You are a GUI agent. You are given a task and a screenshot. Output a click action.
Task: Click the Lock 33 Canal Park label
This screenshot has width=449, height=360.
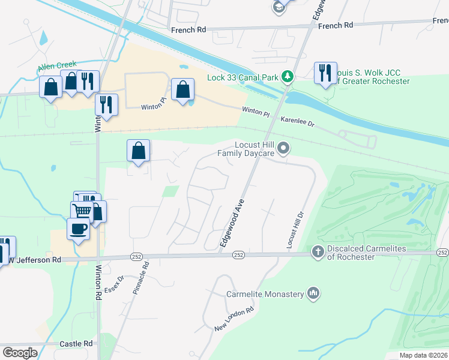coord(251,77)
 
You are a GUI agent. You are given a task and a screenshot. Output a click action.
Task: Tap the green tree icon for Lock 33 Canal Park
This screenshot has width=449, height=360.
coord(288,77)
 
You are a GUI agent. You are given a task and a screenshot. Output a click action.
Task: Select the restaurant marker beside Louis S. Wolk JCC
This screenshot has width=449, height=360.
coord(325,73)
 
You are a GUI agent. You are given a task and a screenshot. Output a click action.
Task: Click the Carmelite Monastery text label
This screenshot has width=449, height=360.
coord(265,294)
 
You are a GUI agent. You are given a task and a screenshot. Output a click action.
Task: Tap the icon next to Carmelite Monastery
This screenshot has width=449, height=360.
coord(312,293)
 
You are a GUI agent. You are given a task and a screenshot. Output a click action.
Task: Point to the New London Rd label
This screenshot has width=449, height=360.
coord(234,320)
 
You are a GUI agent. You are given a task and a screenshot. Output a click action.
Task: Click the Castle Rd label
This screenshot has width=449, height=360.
coord(76,344)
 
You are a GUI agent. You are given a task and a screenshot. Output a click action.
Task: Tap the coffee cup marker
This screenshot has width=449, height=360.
coord(77,229)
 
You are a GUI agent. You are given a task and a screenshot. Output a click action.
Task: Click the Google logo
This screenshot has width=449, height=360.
coord(20,352)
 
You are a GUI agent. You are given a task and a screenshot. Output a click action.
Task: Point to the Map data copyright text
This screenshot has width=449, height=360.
coord(424,355)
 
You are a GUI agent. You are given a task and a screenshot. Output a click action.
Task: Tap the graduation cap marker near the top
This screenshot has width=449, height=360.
coord(279,7)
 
